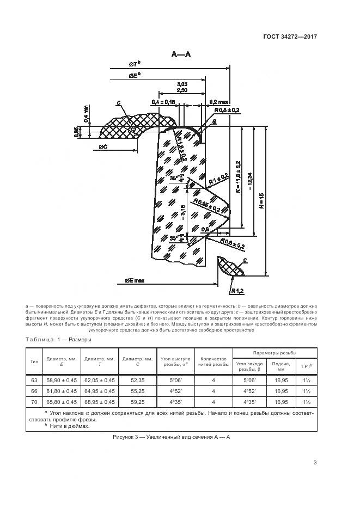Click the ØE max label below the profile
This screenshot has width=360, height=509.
coord(134,280)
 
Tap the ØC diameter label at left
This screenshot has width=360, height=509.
coord(106,148)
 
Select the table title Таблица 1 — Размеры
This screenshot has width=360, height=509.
coord(59,340)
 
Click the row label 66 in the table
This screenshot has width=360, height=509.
coord(34,391)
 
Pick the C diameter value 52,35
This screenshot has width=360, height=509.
coord(137,380)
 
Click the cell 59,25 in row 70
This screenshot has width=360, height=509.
coord(137,402)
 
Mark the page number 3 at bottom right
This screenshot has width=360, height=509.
coord(315,463)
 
